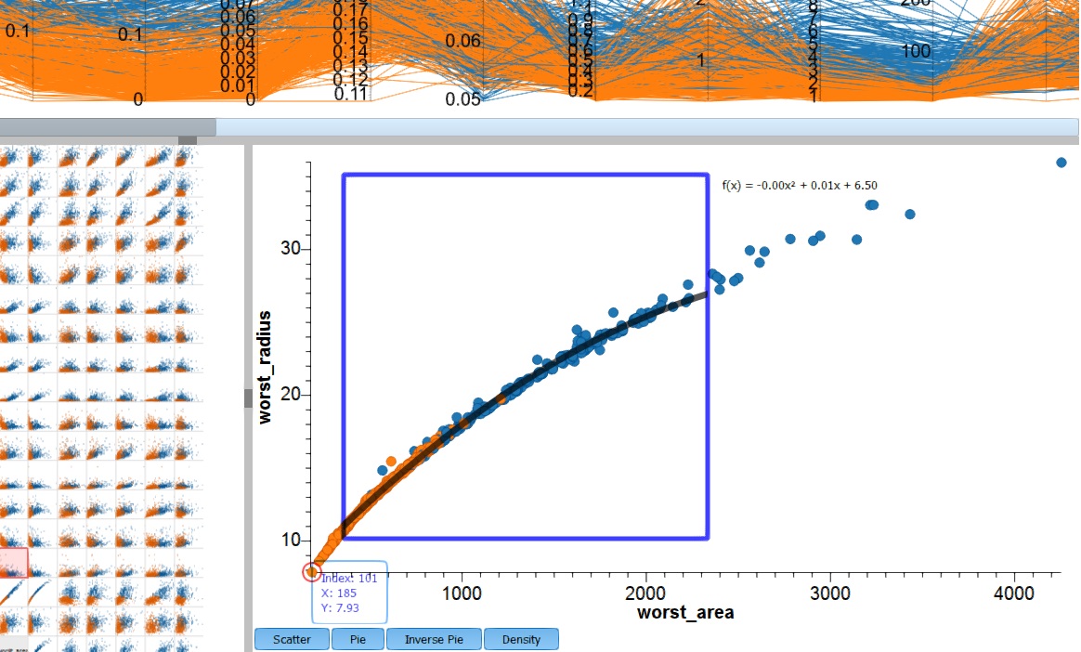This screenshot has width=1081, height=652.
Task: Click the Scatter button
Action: click(x=292, y=639)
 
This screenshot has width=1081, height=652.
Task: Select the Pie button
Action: click(x=358, y=639)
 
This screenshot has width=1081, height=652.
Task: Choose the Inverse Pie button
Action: click(x=434, y=639)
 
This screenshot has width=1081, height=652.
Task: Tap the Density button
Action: click(x=521, y=639)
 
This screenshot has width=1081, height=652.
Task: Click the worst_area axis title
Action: click(x=685, y=612)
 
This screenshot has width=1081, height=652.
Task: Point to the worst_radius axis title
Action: click(x=266, y=368)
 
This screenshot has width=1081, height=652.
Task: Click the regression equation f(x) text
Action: click(x=800, y=186)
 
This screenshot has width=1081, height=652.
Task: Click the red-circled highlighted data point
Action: click(x=312, y=570)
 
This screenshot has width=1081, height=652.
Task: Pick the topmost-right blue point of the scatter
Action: click(x=1061, y=163)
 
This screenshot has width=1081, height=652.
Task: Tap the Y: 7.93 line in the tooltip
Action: click(x=340, y=608)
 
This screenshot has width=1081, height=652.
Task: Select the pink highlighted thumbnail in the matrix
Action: click(x=14, y=562)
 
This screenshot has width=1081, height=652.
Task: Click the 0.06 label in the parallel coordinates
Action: click(x=463, y=41)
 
